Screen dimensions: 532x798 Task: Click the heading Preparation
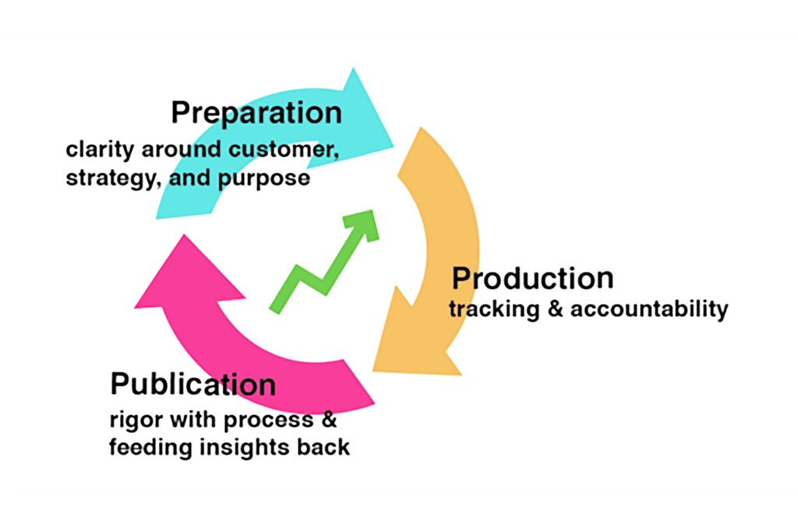(x=256, y=113)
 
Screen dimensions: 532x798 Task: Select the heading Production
(x=533, y=279)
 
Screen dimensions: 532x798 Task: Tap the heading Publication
(x=192, y=385)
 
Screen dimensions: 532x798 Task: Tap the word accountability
(x=649, y=309)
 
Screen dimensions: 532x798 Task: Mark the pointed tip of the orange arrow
(x=375, y=368)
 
